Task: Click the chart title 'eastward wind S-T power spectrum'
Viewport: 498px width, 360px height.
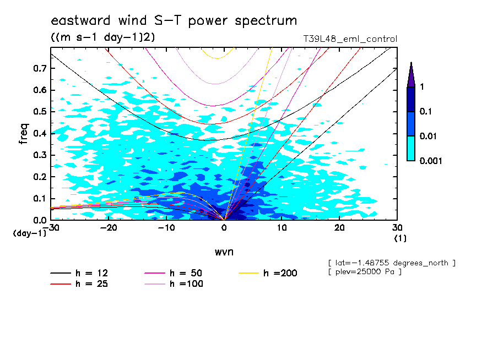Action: click(x=174, y=21)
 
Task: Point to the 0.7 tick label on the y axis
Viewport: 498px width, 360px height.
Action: click(x=39, y=68)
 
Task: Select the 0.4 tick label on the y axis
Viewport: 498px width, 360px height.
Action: click(x=39, y=133)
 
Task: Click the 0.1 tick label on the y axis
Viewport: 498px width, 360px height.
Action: click(x=39, y=198)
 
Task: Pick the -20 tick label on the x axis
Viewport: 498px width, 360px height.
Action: click(x=109, y=228)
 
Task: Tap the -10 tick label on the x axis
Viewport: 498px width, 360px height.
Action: click(x=166, y=228)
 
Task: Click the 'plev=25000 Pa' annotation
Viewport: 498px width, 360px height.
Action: click(x=364, y=272)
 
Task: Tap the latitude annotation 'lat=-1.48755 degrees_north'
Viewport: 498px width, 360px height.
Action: click(x=391, y=263)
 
